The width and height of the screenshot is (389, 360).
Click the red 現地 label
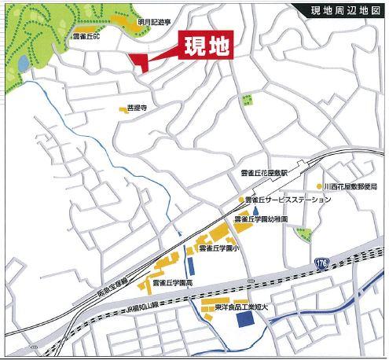point(207,46)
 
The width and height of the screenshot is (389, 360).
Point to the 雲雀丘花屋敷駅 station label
point(265,172)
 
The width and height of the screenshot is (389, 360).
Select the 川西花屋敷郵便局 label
point(352,186)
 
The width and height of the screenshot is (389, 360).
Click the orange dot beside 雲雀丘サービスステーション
point(240,200)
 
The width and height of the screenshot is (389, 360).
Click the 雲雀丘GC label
point(85,36)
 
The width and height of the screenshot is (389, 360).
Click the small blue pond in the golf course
point(24,61)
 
